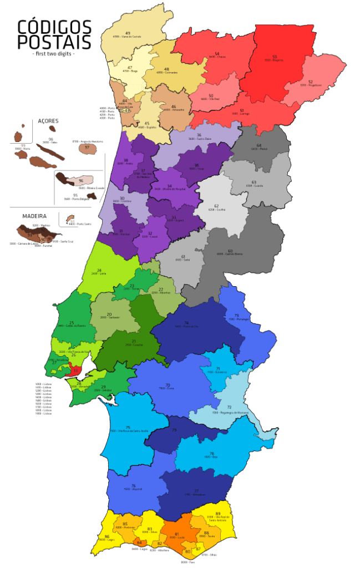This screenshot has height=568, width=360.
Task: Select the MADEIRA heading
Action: point(34,215)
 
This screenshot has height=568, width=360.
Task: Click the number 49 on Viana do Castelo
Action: point(128,33)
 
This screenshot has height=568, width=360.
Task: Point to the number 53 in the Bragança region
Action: point(275,56)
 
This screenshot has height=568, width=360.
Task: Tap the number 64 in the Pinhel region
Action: point(258,145)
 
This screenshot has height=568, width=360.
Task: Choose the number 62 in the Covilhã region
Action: point(216,206)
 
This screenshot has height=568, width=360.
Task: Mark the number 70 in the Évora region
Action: point(167,385)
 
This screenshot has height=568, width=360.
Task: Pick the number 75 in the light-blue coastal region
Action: point(128,428)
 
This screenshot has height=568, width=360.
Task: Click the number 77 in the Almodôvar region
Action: point(196,490)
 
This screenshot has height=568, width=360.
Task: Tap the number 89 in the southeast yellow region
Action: point(217,514)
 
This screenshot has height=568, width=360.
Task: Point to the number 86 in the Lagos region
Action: point(107,536)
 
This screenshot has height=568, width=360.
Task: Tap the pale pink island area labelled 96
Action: point(81,181)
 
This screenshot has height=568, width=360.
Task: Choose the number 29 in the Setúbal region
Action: point(103,387)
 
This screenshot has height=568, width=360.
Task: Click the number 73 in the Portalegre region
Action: point(236,316)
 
